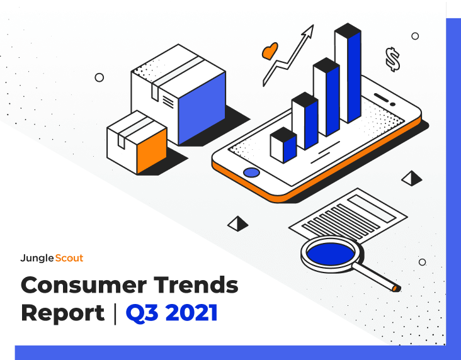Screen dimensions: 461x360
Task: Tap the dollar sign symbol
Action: pyautogui.click(x=393, y=59)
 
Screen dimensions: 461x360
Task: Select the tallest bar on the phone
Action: pyautogui.click(x=348, y=73)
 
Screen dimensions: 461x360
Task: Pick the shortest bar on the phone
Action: pyautogui.click(x=283, y=145)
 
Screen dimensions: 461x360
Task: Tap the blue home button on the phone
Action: pyautogui.click(x=251, y=172)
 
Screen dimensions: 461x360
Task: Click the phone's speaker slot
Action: pyautogui.click(x=381, y=98)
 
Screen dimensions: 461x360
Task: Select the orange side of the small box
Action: pyautogui.click(x=152, y=150)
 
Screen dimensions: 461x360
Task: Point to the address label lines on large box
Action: pyautogui.click(x=168, y=102)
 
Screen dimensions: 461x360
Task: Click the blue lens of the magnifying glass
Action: pyautogui.click(x=331, y=254)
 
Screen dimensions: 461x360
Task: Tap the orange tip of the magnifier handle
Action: pyautogui.click(x=395, y=288)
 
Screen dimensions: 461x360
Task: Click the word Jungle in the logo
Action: pyautogui.click(x=37, y=258)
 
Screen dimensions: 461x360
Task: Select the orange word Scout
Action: pyautogui.click(x=69, y=258)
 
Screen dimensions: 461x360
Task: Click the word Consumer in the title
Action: pyautogui.click(x=84, y=284)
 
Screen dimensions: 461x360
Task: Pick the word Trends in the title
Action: pyautogui.click(x=196, y=284)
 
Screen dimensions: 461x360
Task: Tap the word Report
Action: pyautogui.click(x=63, y=313)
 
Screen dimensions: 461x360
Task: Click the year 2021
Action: pyautogui.click(x=191, y=313)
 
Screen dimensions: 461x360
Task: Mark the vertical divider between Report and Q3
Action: pyautogui.click(x=115, y=314)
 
